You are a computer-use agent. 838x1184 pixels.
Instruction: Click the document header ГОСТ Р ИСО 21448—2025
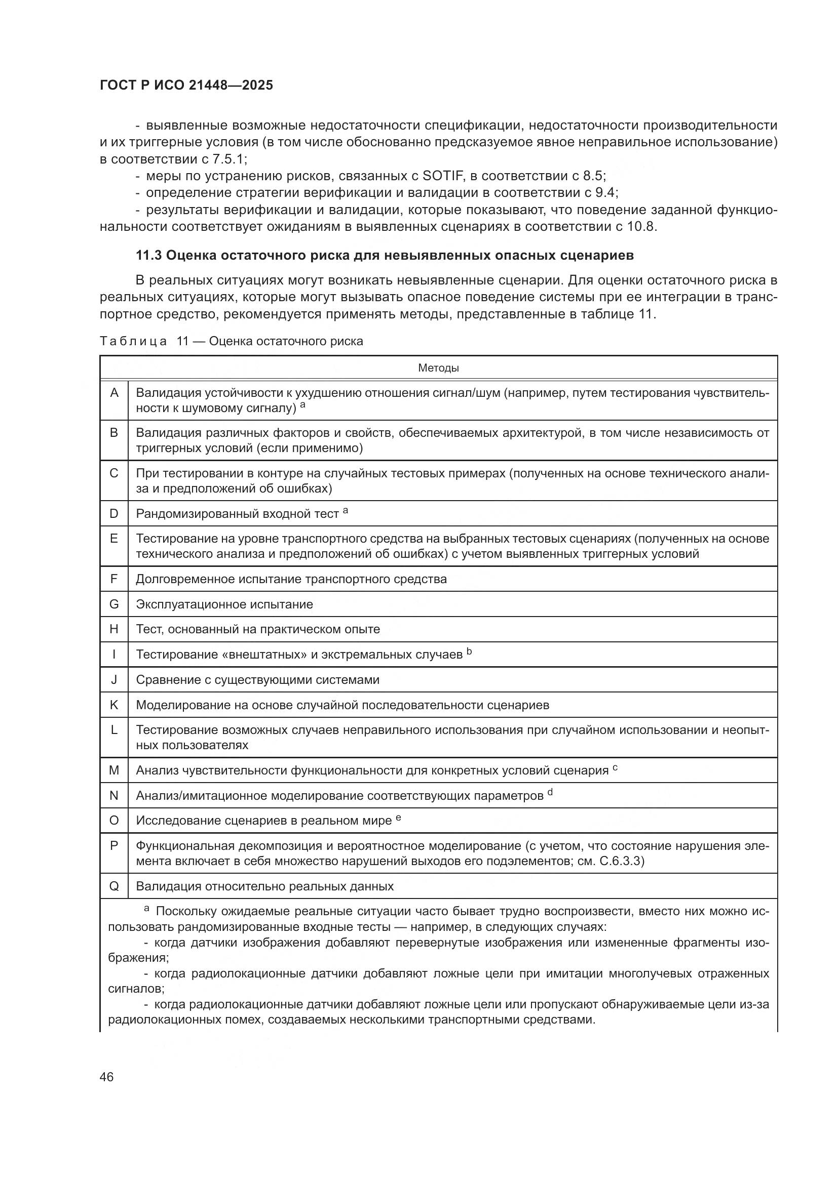[186, 86]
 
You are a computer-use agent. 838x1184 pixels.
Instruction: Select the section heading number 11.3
[148, 255]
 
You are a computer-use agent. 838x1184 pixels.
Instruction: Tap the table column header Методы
[438, 368]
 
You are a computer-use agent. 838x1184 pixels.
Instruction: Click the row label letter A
[114, 393]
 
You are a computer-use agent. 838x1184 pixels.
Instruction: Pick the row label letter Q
[114, 886]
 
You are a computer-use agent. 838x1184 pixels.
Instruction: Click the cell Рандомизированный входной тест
[237, 514]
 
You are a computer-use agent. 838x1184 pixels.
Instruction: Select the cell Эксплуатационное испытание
[224, 604]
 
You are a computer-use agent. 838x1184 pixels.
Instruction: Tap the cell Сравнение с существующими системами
[257, 680]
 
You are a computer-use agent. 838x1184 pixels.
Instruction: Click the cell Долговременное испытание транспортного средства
[291, 579]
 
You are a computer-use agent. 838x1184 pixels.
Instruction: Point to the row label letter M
[114, 770]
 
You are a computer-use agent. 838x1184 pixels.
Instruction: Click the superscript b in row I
[469, 651]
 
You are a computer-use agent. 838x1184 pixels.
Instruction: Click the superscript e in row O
[398, 818]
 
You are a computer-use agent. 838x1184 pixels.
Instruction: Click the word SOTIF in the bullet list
[444, 176]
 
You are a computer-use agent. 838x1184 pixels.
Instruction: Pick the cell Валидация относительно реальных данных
[264, 886]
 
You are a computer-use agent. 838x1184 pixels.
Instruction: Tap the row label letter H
[114, 629]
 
